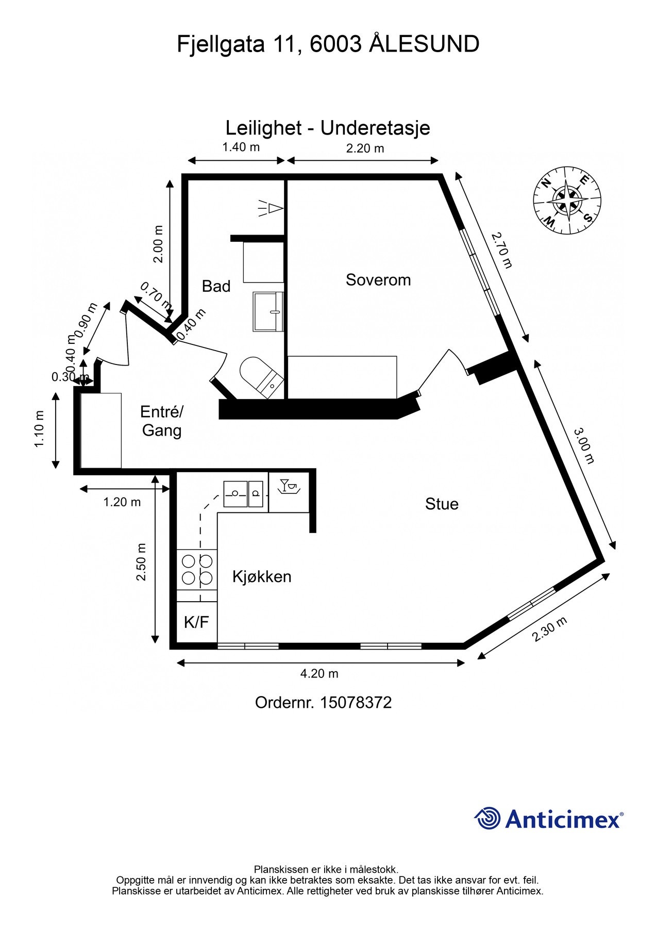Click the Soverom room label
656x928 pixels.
click(378, 280)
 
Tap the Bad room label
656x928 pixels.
click(216, 286)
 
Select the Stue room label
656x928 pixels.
click(442, 504)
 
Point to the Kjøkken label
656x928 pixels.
click(262, 576)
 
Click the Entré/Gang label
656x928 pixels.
click(161, 421)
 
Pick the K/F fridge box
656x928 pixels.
click(196, 622)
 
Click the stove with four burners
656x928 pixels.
click(197, 569)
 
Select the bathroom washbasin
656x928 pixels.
click(268, 311)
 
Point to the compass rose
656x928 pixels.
click(567, 200)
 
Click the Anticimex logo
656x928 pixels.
click(548, 819)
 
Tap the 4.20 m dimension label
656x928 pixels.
click(319, 673)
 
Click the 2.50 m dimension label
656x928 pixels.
click(141, 562)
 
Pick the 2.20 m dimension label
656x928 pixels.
click(365, 148)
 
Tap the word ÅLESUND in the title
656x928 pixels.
click(424, 44)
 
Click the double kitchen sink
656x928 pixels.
click(243, 493)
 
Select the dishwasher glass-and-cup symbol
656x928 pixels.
click(289, 486)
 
